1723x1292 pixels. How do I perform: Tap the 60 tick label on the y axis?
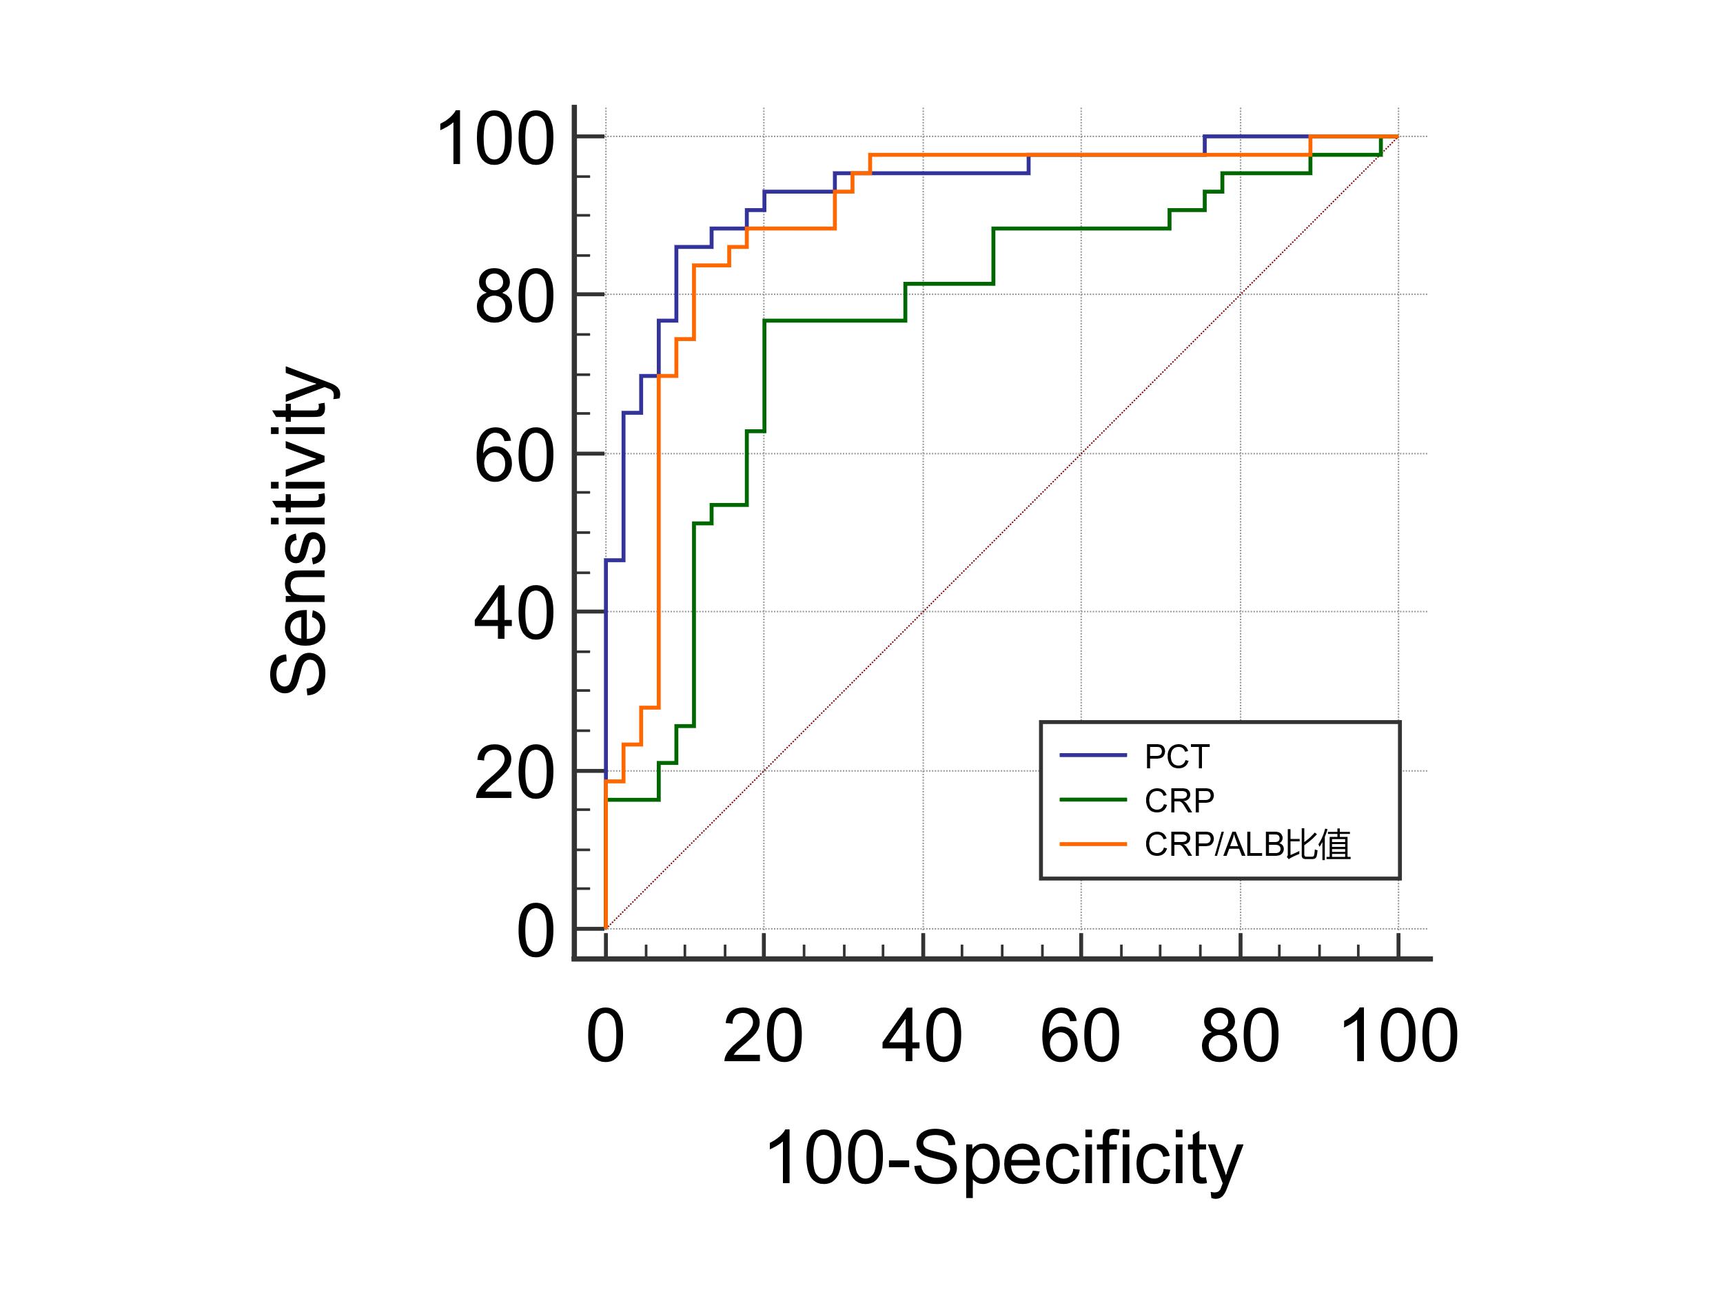[514, 456]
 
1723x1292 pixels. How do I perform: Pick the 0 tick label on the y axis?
[536, 932]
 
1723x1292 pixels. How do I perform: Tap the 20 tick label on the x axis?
[762, 1036]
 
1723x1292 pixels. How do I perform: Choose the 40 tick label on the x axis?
[921, 1036]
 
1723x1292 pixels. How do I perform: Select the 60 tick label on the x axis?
[1081, 1036]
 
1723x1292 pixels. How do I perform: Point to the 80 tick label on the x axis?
[1239, 1036]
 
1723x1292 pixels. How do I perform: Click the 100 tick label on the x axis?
[1398, 1036]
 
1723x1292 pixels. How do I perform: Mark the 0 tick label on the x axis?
[605, 1036]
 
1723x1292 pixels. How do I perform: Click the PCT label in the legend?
[1177, 756]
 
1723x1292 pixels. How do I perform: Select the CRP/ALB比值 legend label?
[1247, 845]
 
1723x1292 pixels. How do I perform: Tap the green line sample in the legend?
[1093, 800]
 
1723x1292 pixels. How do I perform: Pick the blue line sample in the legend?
[1093, 755]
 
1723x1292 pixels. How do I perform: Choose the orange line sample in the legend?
[1093, 844]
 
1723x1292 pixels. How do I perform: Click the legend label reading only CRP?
[1179, 801]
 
